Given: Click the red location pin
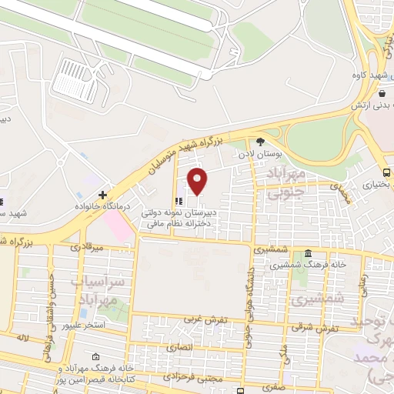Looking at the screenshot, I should [x=198, y=181].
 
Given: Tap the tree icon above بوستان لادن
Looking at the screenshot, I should [x=260, y=142].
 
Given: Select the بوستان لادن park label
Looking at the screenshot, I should [x=262, y=155].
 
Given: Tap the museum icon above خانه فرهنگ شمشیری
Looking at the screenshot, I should [x=308, y=255].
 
